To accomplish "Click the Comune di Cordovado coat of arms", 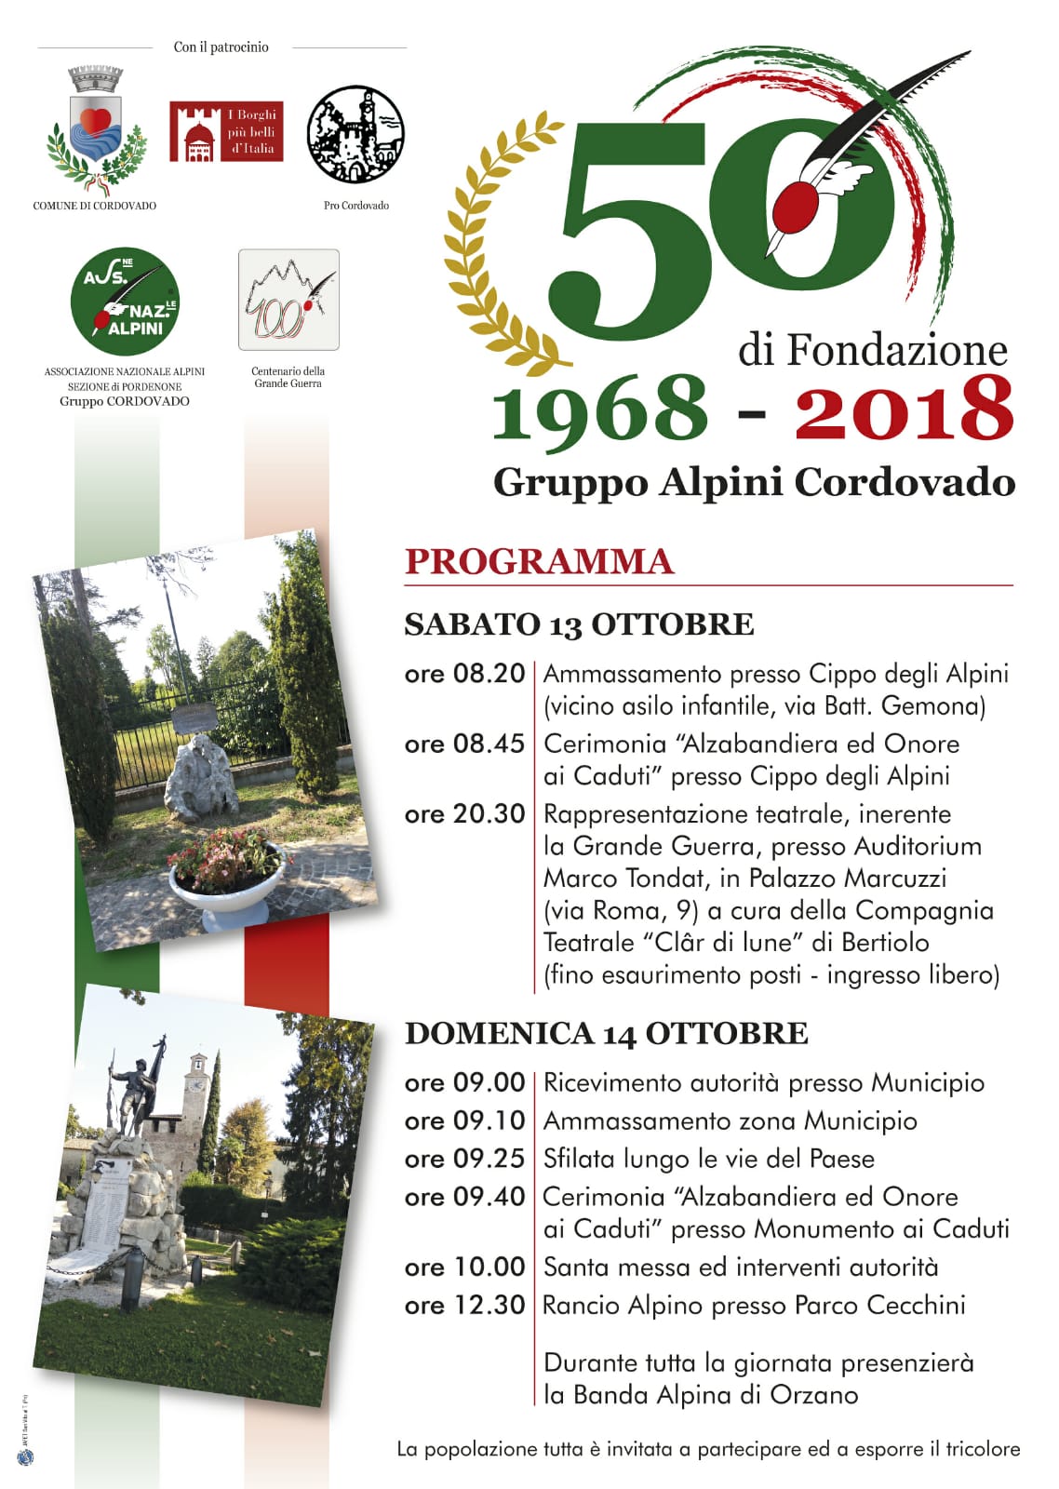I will (97, 127).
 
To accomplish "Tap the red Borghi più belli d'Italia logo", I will (225, 132).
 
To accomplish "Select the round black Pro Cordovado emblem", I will (355, 134).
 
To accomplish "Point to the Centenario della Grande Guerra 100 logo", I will (288, 300).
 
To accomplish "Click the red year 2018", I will (904, 409).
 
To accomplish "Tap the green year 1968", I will (599, 409).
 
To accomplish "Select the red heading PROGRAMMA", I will (539, 562).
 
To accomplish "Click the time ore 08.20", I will (464, 674).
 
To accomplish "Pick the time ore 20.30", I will (464, 814).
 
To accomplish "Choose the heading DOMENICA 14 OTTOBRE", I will (606, 1034).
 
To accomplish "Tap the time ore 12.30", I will (464, 1305).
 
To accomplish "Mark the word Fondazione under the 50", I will (897, 351).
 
